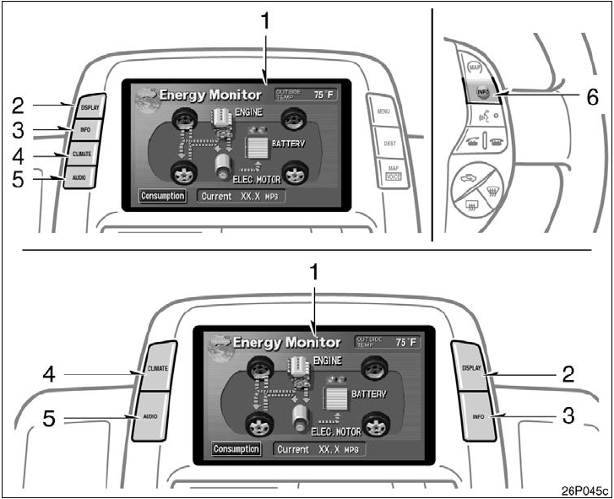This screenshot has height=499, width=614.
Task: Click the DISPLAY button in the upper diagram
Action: [x=89, y=107]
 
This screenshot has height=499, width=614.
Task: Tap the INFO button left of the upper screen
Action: [x=86, y=130]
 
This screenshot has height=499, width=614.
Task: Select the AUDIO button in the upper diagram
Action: [x=79, y=177]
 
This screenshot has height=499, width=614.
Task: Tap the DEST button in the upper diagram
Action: [x=389, y=144]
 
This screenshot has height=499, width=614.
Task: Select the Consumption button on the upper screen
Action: [x=163, y=197]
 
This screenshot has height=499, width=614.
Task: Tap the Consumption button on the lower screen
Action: [x=236, y=448]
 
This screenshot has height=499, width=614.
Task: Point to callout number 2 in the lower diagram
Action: [x=569, y=372]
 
